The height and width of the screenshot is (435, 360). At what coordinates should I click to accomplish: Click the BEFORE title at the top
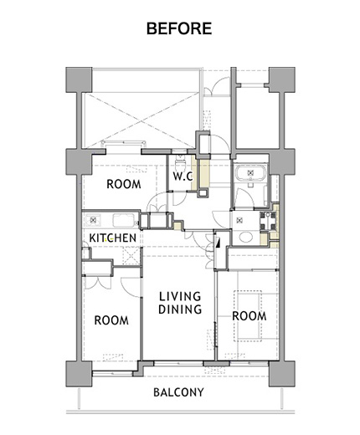[x=179, y=28]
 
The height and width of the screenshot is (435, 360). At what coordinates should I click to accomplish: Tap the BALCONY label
[x=178, y=392]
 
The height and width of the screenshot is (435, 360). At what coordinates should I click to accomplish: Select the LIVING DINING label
[x=180, y=303]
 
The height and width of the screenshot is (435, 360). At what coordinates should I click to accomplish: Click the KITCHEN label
[x=113, y=238]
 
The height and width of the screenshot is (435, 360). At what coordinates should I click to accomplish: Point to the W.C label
[x=183, y=177]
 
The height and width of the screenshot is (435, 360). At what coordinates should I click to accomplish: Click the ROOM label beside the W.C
[x=124, y=184]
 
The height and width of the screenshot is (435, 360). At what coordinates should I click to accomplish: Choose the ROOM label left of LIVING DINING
[x=111, y=320]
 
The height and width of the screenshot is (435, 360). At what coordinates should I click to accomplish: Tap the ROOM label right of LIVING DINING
[x=249, y=316]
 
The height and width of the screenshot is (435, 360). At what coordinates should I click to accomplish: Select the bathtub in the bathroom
[x=250, y=173]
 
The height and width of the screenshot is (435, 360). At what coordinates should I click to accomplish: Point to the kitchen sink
[x=124, y=220]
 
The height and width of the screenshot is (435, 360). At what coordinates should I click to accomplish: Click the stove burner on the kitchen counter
[x=92, y=220]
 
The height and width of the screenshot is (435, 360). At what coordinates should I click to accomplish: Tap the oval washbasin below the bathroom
[x=246, y=237]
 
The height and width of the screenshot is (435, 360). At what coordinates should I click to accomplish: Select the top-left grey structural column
[x=79, y=79]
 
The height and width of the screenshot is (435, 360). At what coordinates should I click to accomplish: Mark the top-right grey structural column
[x=282, y=79]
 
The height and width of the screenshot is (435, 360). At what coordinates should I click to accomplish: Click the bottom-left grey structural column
[x=79, y=374]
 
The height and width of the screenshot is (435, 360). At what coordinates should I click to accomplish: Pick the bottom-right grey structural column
[x=282, y=374]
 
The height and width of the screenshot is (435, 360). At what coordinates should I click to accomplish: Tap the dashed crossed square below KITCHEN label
[x=131, y=256]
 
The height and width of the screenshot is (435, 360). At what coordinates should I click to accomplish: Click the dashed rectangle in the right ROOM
[x=248, y=316]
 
